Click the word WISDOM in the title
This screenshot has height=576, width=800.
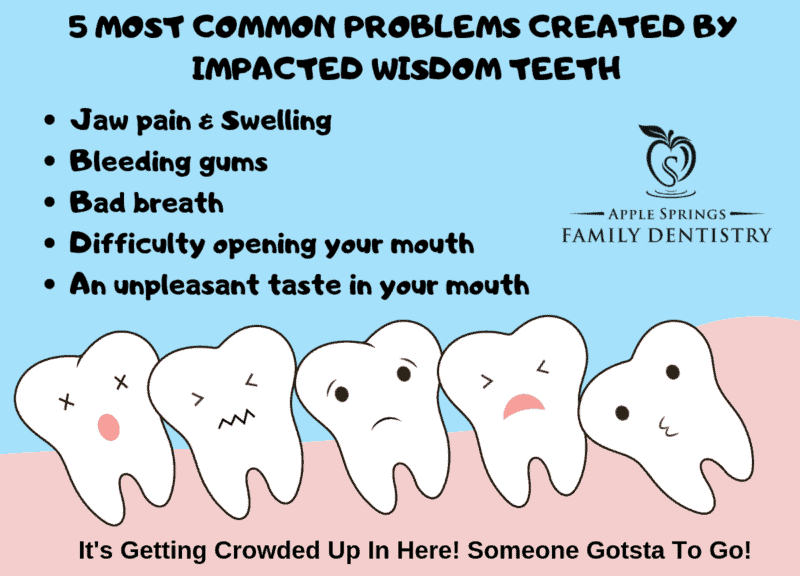click(x=437, y=68)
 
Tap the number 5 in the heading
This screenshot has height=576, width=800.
click(x=78, y=27)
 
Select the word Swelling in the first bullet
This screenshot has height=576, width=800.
click(x=276, y=121)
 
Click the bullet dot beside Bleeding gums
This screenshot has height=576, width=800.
click(x=49, y=162)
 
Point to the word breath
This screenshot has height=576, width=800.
click(x=178, y=202)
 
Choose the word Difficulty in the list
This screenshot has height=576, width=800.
click(x=137, y=244)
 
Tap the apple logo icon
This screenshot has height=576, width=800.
click(x=668, y=161)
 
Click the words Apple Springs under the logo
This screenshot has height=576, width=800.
click(x=667, y=214)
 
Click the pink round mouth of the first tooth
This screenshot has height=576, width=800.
click(x=109, y=427)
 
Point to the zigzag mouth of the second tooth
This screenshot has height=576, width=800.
click(x=237, y=418)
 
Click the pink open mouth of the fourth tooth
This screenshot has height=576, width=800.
click(x=524, y=406)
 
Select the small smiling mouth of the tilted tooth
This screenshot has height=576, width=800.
click(x=667, y=427)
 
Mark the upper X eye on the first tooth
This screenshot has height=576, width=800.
click(x=121, y=382)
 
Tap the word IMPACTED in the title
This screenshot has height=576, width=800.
click(x=278, y=68)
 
